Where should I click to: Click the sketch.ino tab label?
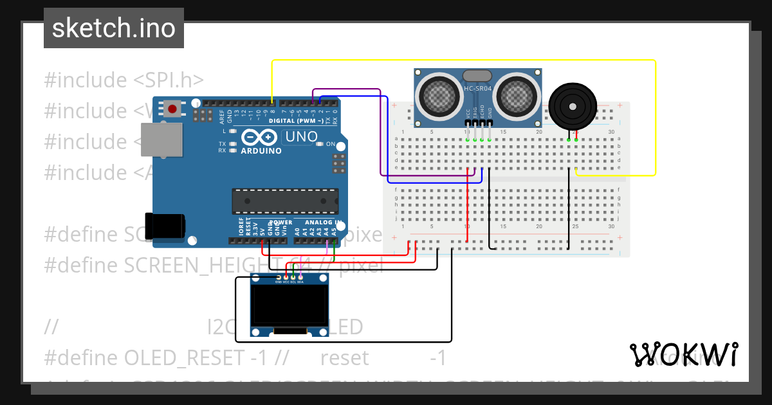113,28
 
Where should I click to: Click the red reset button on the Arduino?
172,108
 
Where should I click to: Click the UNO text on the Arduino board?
301,136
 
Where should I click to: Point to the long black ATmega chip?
285,201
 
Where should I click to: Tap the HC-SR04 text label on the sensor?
478,88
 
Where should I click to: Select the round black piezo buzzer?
573,106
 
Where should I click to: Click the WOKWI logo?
683,354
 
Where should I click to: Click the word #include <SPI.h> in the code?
124,80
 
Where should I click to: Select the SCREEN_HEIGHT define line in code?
212,264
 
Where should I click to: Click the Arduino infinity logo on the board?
260,137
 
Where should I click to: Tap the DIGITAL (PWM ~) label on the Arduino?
296,121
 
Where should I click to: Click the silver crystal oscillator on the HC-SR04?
477,76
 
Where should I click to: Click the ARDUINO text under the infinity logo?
261,151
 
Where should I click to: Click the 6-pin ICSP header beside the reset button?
203,116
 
